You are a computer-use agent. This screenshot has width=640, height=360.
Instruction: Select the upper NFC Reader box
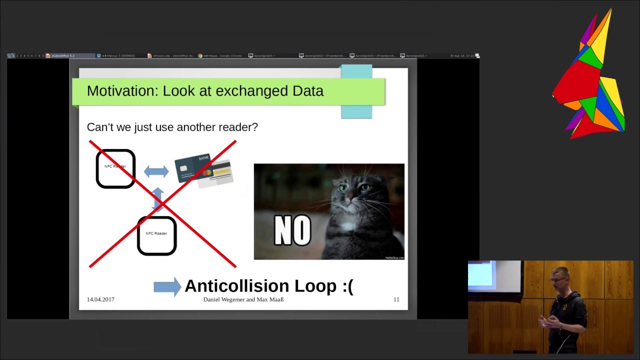115,169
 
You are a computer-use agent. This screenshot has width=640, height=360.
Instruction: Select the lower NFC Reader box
156,235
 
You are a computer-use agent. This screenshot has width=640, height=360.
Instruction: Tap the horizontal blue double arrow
156,171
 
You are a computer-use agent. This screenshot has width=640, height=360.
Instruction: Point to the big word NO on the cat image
292,231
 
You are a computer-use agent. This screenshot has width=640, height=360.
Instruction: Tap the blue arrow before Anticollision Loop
167,286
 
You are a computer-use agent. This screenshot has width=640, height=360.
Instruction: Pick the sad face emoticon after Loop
347,286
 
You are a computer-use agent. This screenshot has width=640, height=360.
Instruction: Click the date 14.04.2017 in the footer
100,299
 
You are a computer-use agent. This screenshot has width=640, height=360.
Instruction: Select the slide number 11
396,299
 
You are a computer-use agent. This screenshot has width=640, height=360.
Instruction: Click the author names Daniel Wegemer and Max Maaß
243,299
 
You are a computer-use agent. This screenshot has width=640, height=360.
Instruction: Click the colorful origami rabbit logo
590,80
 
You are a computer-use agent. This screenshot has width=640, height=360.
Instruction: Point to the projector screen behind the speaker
482,275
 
